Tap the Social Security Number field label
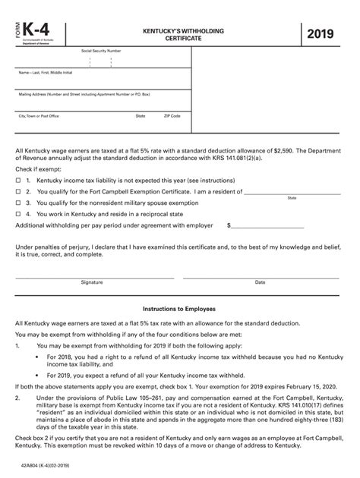pos(101,51)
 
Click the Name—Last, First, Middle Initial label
pos(45,73)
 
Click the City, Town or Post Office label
pos(38,116)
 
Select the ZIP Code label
pos(172,116)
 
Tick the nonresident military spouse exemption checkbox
pos(18,203)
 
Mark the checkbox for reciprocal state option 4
pos(18,214)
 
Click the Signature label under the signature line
pos(92,282)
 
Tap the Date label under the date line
pos(260,282)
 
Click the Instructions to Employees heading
pos(179,310)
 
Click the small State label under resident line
pos(292,198)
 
